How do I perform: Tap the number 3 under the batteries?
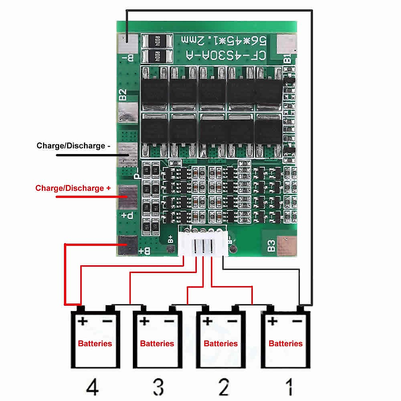(158, 387)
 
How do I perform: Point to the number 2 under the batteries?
(224, 387)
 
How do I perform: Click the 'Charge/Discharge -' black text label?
(73, 146)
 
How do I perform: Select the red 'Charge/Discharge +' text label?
(73, 188)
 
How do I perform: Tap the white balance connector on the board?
(203, 241)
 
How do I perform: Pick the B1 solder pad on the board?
(286, 44)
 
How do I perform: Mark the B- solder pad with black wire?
(128, 43)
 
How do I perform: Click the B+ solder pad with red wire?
(127, 245)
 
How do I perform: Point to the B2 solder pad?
(128, 112)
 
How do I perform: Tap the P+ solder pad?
(128, 196)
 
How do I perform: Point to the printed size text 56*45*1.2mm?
(224, 40)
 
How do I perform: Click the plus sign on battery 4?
(82, 321)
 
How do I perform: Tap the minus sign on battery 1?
(297, 321)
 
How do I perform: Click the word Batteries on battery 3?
(157, 344)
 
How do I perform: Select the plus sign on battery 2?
(208, 321)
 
